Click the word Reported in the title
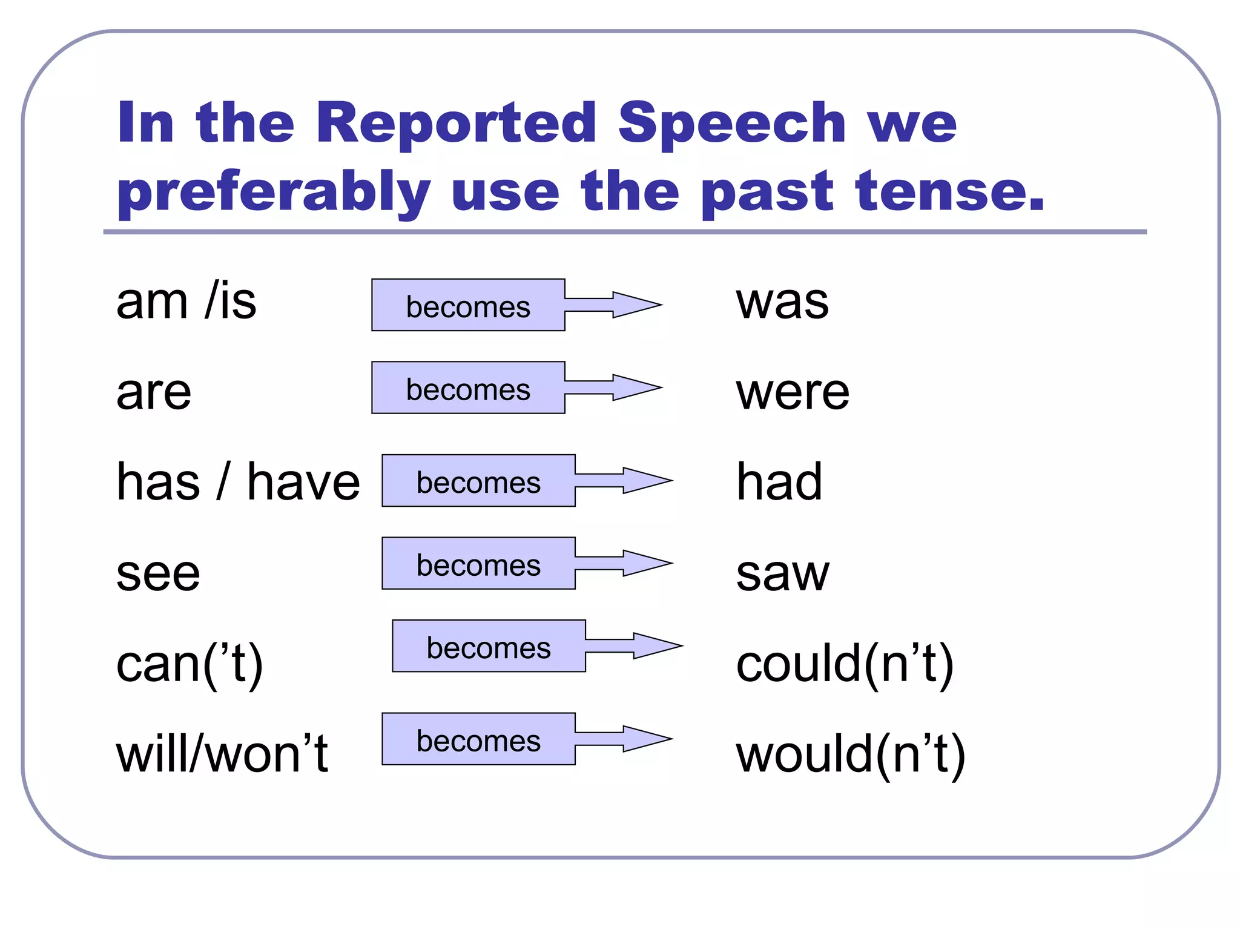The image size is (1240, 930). pos(455,124)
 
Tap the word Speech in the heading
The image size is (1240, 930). pos(731,124)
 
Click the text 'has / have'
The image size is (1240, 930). pos(238,482)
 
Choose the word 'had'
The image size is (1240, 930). pos(779,482)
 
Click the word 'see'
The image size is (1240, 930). pos(158,573)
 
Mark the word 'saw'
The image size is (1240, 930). pos(782,573)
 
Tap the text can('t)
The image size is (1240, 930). pos(190,664)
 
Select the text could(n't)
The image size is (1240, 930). pos(845,664)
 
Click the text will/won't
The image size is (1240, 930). pos(222,754)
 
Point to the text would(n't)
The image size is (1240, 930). pos(850,754)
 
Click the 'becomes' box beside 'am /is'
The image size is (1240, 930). pos(468,305)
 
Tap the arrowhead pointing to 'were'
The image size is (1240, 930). pos(636,387)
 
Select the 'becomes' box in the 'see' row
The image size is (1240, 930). pos(478,564)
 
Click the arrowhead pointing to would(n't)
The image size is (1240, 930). pos(646,739)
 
